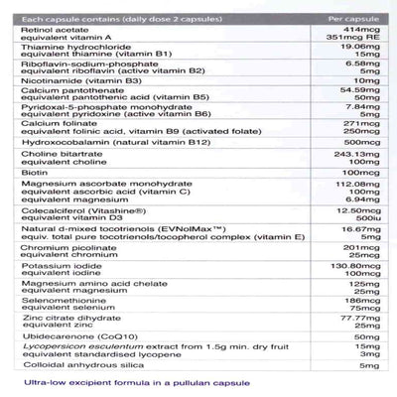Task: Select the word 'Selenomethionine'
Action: point(57,340)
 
